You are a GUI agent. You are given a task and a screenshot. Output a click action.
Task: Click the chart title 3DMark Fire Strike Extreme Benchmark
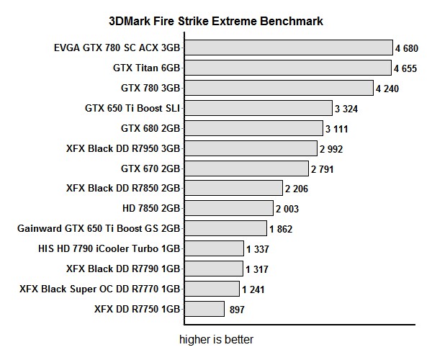point(215,21)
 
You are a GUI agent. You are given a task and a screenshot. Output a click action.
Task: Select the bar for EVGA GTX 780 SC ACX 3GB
point(287,48)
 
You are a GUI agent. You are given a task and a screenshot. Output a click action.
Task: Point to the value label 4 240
point(387,89)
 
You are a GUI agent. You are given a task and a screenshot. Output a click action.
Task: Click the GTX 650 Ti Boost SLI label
point(132,109)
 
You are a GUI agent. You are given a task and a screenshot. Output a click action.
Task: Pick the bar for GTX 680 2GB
point(253,129)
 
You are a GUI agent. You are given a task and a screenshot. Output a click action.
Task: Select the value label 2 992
point(331,149)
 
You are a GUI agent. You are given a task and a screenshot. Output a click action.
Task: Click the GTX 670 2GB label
point(150,169)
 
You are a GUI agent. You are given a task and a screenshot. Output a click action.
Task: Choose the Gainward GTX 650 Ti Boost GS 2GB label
point(99,229)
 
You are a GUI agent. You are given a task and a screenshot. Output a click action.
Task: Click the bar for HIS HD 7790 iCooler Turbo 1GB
point(213,249)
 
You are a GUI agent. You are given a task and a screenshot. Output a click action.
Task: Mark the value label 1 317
point(258,269)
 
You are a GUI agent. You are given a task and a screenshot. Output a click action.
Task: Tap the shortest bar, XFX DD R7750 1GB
point(204,310)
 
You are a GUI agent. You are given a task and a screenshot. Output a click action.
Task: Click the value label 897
point(237,310)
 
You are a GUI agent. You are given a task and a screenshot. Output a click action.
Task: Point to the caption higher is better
point(217,338)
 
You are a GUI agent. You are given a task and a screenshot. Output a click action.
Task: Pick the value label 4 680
point(407,48)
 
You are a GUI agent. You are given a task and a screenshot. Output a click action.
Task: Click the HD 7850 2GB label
point(152,209)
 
